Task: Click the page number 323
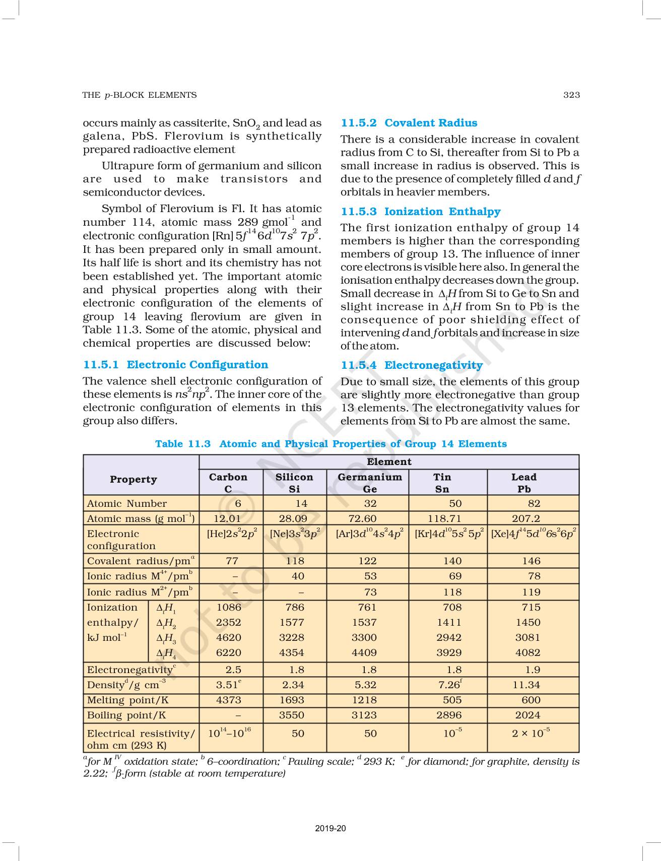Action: point(571,95)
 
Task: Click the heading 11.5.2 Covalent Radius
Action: point(409,123)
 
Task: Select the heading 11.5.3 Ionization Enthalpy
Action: point(421,212)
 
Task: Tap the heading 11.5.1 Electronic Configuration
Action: point(175,365)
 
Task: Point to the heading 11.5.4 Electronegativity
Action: point(412,365)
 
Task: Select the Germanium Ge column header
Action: point(370,483)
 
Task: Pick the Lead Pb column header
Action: point(524,483)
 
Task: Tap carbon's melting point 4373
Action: point(228,700)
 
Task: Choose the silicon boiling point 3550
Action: point(292,715)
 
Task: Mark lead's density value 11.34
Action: point(526,685)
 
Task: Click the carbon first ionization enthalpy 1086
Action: point(228,608)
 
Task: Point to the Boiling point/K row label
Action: point(126,715)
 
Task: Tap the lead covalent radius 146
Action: point(531,561)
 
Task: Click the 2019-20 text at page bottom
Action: point(330,828)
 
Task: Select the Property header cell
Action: point(134,480)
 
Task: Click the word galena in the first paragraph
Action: point(101,137)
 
